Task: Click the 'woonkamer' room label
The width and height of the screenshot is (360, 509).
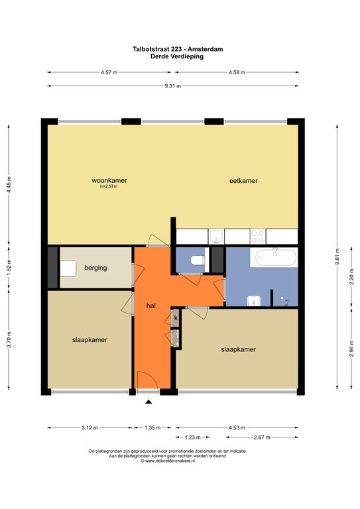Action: (x=109, y=180)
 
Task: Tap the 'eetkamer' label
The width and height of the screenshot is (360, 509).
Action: (x=243, y=180)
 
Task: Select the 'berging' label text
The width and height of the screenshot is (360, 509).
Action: (x=96, y=268)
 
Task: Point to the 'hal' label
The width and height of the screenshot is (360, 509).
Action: (x=151, y=306)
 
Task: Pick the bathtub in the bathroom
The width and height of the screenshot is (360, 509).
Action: (x=275, y=256)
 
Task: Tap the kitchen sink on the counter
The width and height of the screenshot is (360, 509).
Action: (x=217, y=237)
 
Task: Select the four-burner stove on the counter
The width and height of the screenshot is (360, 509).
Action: (x=258, y=237)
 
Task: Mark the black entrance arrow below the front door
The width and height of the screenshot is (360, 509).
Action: (x=148, y=402)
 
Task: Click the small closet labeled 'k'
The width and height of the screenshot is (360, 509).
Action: (x=176, y=319)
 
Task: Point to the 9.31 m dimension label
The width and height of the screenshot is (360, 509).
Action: (x=174, y=86)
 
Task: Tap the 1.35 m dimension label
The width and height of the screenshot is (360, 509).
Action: (x=153, y=428)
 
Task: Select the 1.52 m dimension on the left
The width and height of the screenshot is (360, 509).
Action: (x=9, y=270)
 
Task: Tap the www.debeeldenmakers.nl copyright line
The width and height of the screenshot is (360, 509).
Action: (x=168, y=461)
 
